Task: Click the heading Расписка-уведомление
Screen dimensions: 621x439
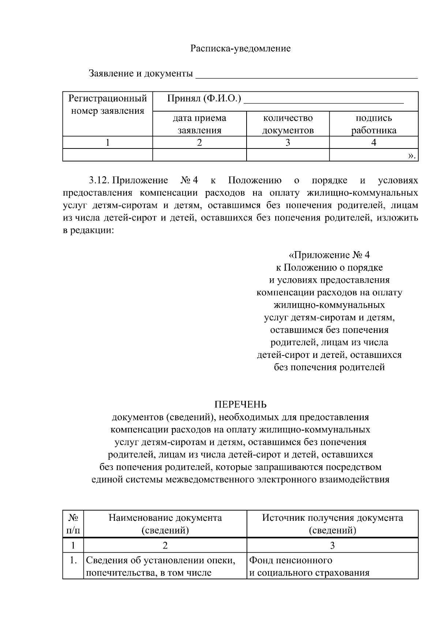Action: pyautogui.click(x=240, y=49)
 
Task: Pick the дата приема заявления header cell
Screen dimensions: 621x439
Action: pyautogui.click(x=199, y=124)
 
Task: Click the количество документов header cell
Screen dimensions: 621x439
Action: pyautogui.click(x=288, y=124)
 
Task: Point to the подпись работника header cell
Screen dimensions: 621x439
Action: pyautogui.click(x=374, y=124)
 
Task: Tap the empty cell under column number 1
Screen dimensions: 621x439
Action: pyautogui.click(x=108, y=155)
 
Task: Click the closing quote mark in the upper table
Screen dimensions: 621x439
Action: pyautogui.click(x=412, y=156)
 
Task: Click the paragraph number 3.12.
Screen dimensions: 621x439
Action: pyautogui.click(x=99, y=180)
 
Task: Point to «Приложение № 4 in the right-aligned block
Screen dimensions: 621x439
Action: pyautogui.click(x=329, y=255)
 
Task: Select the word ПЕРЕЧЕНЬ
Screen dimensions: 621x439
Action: pyautogui.click(x=240, y=404)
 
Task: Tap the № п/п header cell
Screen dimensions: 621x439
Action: pyautogui.click(x=73, y=524)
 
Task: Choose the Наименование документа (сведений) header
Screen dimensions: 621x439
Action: pyautogui.click(x=165, y=524)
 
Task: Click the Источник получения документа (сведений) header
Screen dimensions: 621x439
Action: pyautogui.click(x=332, y=524)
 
